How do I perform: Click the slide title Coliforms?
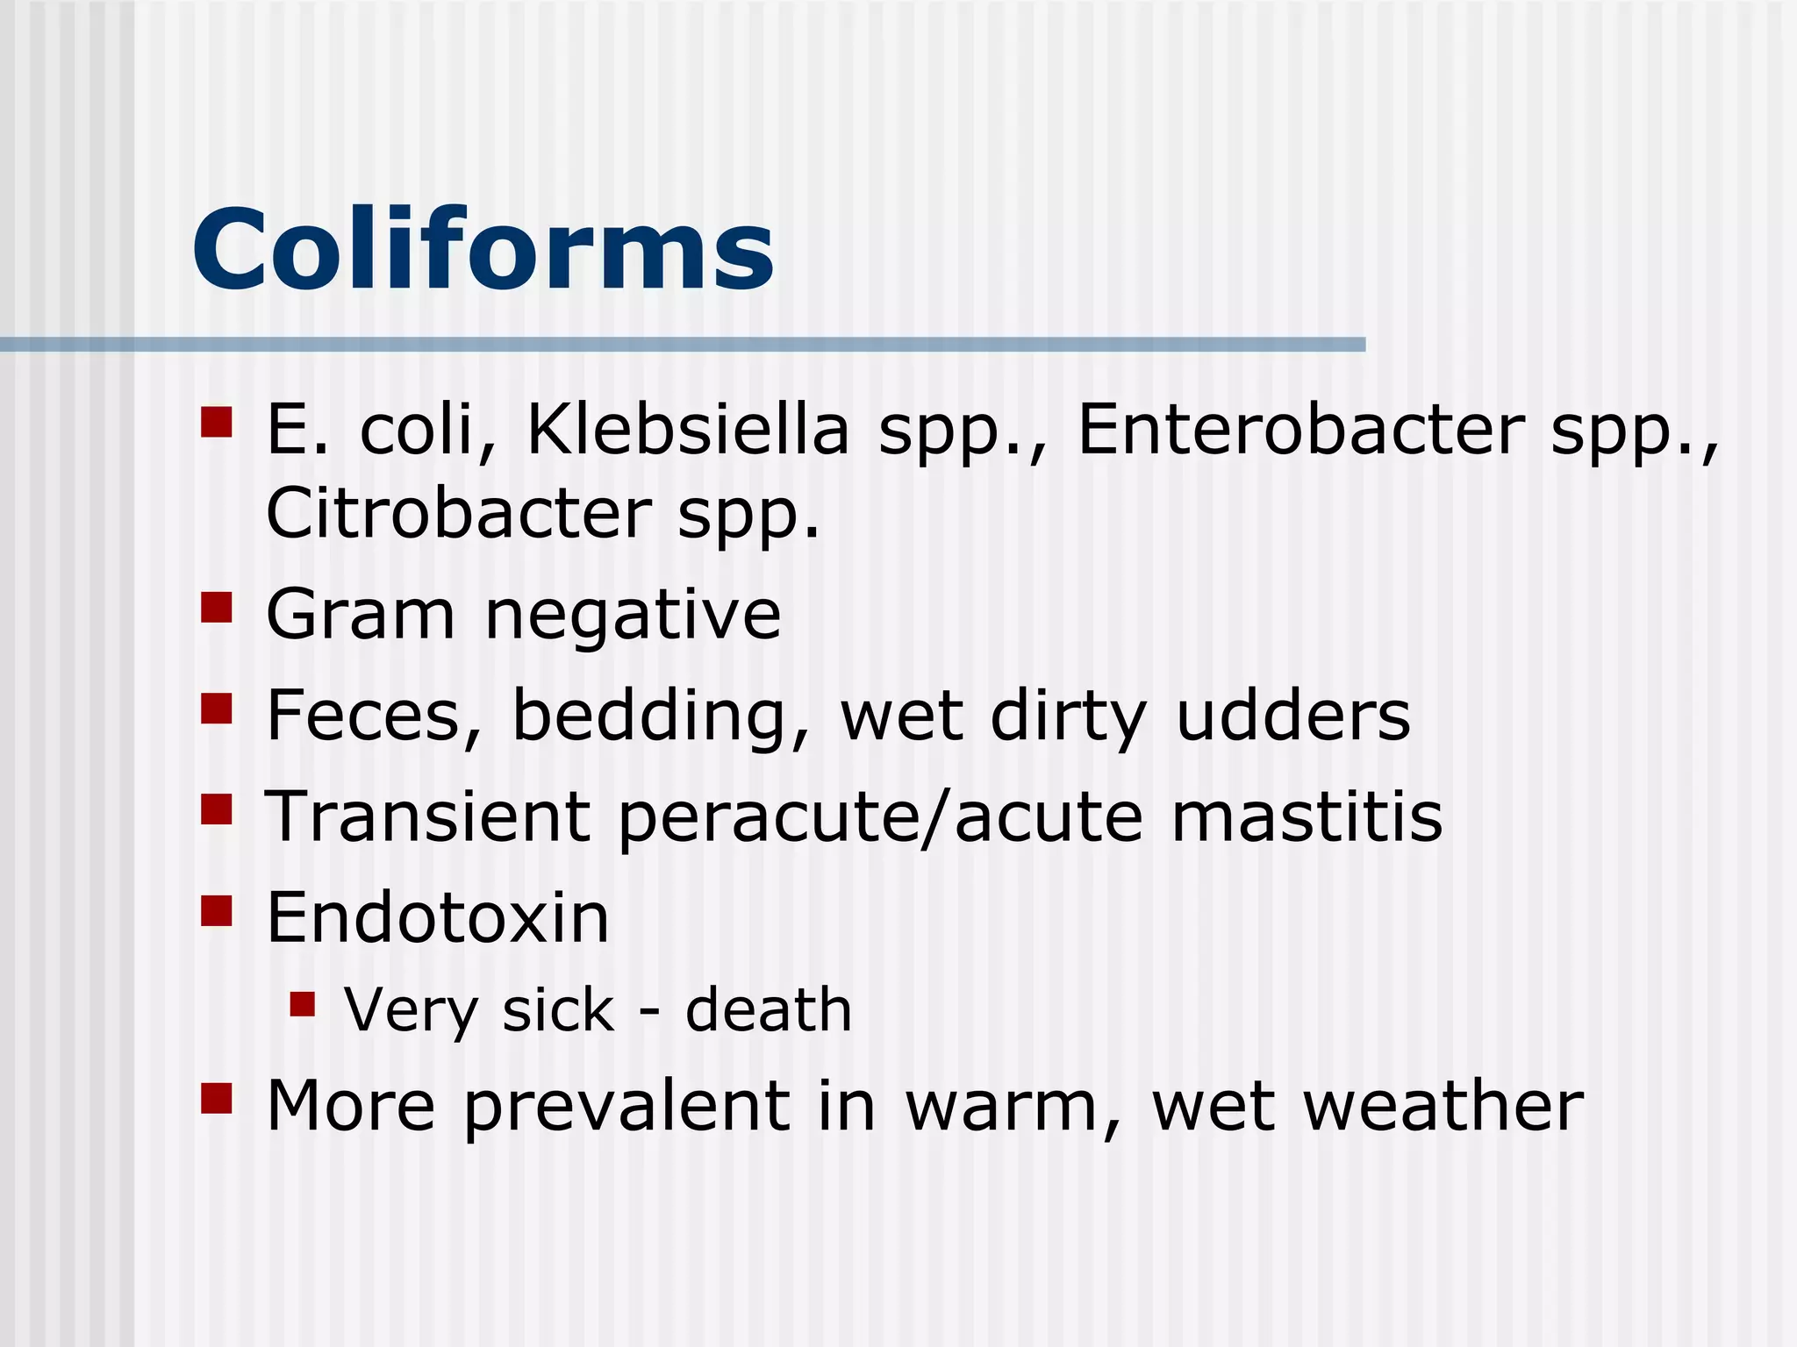click(x=483, y=250)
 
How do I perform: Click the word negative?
click(x=632, y=616)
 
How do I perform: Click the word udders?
click(x=1292, y=716)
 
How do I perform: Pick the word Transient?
click(x=427, y=816)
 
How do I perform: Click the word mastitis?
click(x=1307, y=816)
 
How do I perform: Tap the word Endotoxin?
click(x=437, y=917)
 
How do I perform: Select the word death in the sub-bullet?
click(x=769, y=1009)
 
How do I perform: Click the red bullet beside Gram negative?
click(x=216, y=607)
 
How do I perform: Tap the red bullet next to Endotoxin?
click(x=216, y=910)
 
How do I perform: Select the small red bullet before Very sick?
click(x=303, y=1004)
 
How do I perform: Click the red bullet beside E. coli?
click(x=216, y=422)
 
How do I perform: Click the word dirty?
click(x=1068, y=717)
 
